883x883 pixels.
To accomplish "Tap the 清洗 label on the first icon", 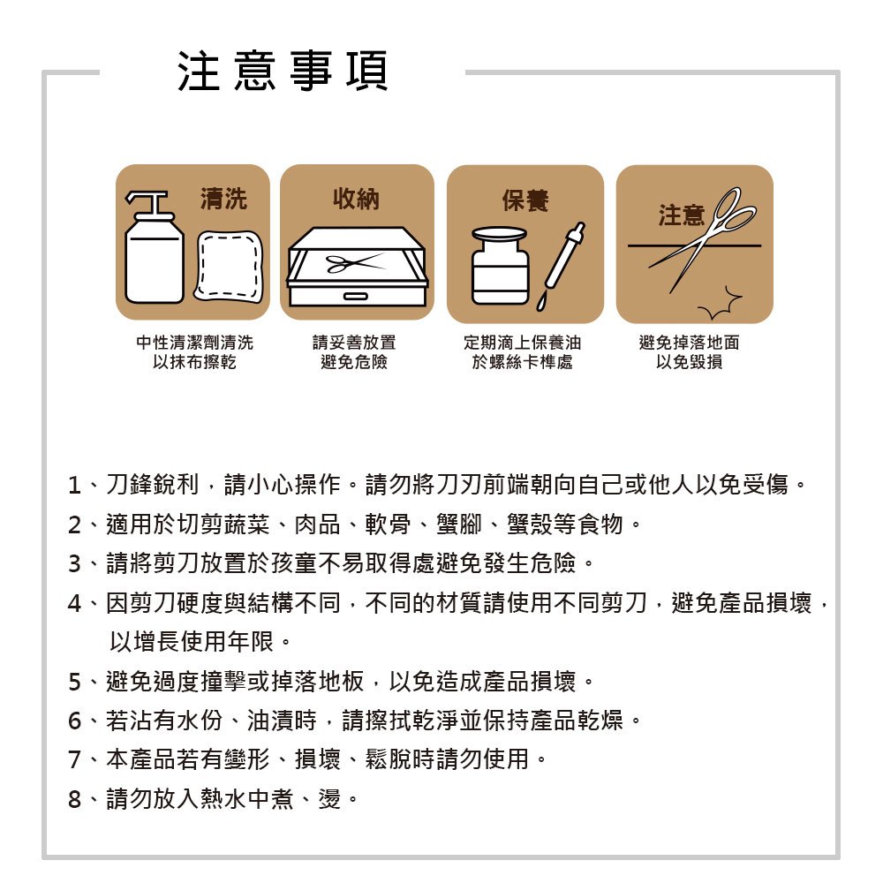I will [223, 200].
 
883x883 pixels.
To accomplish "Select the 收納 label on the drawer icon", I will [356, 200].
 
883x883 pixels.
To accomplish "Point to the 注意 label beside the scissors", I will [681, 215].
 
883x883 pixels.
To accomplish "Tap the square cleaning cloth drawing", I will [229, 265].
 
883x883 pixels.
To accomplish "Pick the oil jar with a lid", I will [499, 266].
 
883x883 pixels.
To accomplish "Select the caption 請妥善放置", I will [354, 343].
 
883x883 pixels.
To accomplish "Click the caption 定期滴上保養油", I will [523, 343].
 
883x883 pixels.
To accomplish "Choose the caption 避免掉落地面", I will [689, 343].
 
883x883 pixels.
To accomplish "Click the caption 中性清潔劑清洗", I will [194, 343].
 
